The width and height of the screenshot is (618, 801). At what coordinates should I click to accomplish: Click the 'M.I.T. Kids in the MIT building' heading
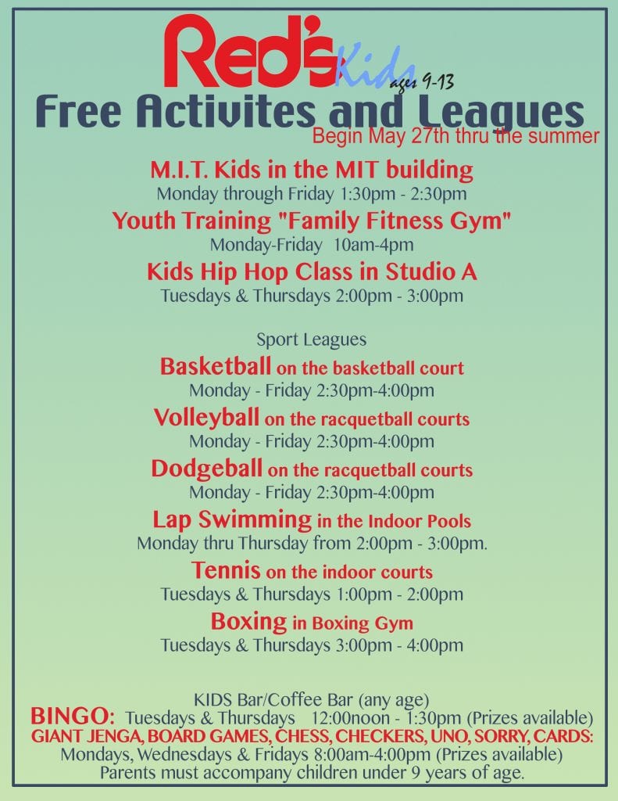coord(312,170)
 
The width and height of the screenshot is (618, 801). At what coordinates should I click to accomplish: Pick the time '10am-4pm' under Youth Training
coord(373,245)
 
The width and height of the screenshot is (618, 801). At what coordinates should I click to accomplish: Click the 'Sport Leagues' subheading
coord(311,339)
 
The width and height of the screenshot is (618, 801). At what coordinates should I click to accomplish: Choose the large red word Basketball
coord(216,366)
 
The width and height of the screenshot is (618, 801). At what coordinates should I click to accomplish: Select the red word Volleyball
coord(207,418)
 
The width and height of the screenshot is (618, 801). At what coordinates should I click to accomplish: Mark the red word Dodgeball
coord(207,469)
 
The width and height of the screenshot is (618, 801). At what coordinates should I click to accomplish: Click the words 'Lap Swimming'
coord(232,519)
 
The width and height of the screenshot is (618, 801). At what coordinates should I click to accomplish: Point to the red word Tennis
coord(226,570)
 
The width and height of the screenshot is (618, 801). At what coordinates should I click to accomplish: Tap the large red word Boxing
coord(248,622)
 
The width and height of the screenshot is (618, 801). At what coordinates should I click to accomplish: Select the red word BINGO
coord(73,717)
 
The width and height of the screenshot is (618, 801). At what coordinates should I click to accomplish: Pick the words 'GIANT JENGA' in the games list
coord(86,736)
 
